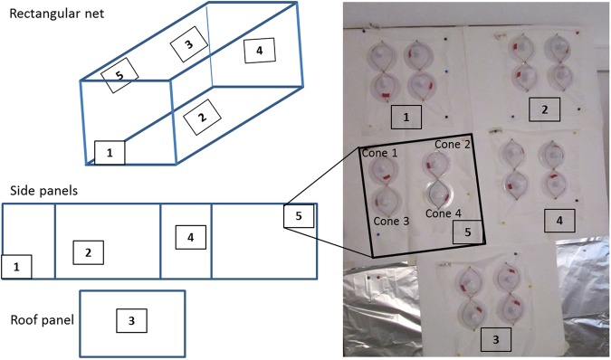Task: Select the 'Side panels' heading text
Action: pyautogui.click(x=42, y=191)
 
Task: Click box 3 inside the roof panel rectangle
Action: pyautogui.click(x=131, y=319)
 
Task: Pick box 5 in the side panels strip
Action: pyautogui.click(x=298, y=216)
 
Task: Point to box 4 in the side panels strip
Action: pyautogui.click(x=190, y=237)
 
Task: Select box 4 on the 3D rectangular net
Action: pyautogui.click(x=259, y=52)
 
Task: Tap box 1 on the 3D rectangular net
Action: pyautogui.click(x=110, y=153)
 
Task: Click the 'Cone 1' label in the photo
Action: pyautogui.click(x=380, y=154)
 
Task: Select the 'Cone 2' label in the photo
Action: pyautogui.click(x=453, y=144)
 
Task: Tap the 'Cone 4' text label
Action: pyautogui.click(x=444, y=213)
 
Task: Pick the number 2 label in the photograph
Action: pyautogui.click(x=545, y=110)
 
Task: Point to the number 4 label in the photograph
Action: pyautogui.click(x=558, y=219)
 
